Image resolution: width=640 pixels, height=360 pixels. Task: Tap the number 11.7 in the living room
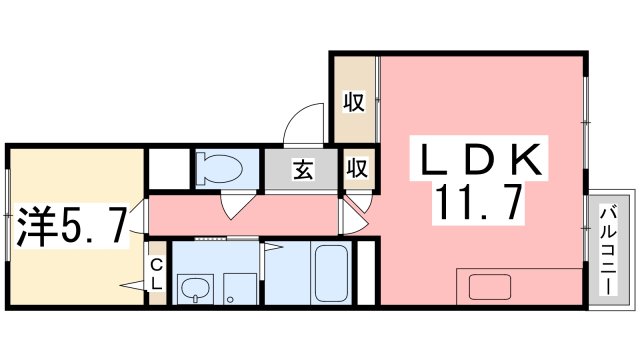479,202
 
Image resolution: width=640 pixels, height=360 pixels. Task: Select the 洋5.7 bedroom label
70,227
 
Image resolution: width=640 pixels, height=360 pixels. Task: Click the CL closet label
157,275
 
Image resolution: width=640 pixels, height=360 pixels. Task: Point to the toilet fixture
219,168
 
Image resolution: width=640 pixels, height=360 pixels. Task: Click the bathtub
331,273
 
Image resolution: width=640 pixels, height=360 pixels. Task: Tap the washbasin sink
196,289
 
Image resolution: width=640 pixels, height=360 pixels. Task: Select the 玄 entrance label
303,169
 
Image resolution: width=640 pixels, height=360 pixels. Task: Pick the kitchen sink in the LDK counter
490,287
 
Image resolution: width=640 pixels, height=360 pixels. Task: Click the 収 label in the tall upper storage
354,102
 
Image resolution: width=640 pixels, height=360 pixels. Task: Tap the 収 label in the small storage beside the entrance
358,168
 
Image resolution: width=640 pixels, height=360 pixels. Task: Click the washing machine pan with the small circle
240,289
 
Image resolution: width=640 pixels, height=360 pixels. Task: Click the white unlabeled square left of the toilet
169,169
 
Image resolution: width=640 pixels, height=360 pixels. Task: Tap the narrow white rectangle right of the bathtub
366,273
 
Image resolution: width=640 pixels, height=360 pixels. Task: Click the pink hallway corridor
243,215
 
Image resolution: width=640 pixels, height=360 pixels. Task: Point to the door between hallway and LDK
354,218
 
